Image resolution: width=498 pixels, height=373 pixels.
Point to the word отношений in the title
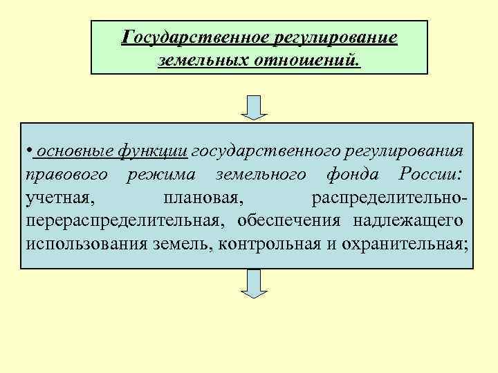(306, 61)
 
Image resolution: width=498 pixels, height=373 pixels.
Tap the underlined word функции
(153, 151)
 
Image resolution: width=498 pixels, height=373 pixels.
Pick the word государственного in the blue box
(260, 151)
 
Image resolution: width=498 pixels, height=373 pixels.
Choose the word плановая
(202, 198)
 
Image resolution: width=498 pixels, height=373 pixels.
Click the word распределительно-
(389, 198)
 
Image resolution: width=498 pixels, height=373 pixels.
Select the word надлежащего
(408, 220)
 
